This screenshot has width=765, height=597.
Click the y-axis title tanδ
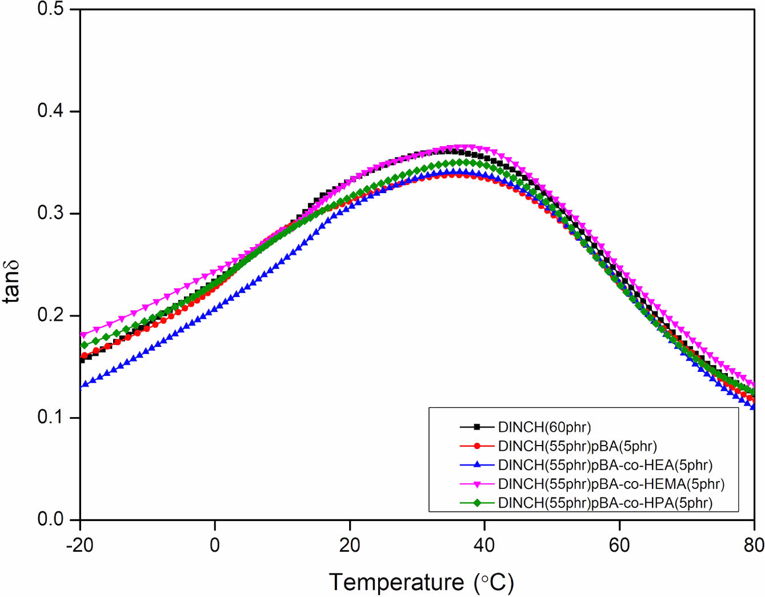pos(11,281)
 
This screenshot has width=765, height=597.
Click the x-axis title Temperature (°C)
pos(422,582)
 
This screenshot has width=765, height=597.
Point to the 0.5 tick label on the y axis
pos(50,10)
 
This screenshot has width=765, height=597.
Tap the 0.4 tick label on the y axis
pos(50,111)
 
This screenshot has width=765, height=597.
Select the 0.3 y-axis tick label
pos(50,213)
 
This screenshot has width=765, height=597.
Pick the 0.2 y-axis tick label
pos(50,315)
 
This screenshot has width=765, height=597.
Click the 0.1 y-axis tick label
pos(50,417)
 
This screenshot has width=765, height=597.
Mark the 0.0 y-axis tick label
pos(50,519)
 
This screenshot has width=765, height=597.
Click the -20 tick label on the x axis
pos(80,545)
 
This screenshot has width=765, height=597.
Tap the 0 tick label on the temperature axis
pos(215,545)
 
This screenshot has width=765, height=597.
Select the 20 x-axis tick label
pos(350,545)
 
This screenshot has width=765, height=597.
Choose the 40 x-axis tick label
pos(484,545)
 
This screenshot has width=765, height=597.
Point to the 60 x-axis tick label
pos(619,545)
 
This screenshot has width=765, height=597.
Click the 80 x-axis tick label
pos(754,545)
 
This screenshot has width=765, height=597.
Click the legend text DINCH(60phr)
pos(544,427)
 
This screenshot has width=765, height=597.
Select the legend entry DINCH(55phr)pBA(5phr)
pos(578,446)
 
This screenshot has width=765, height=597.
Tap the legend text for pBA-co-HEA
pos(605,465)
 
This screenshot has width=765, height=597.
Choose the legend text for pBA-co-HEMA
pos(611,484)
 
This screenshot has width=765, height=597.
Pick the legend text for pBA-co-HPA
pos(605,503)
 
